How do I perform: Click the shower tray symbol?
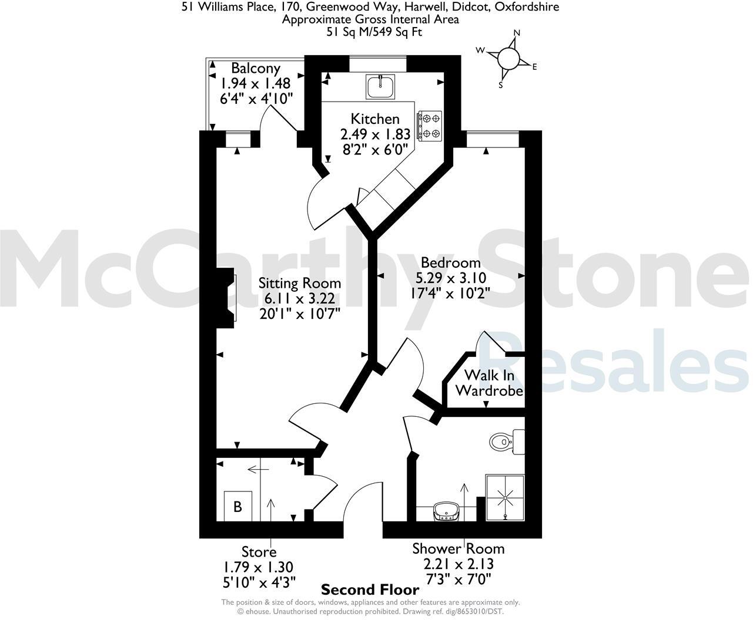click(x=504, y=498)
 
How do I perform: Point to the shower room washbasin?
click(x=446, y=512)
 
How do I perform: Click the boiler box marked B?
click(x=238, y=506)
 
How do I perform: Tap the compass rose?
click(x=508, y=59)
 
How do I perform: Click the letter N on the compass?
click(x=517, y=33)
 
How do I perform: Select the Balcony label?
click(x=256, y=68)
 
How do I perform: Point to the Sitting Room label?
click(x=300, y=284)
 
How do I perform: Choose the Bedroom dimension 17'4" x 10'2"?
click(x=451, y=292)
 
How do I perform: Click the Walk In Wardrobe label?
click(x=489, y=383)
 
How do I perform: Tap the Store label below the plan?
click(x=259, y=552)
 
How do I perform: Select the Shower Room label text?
click(x=458, y=549)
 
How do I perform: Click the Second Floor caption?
click(x=370, y=589)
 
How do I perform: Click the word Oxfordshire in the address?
click(x=527, y=7)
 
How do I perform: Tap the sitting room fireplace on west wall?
click(x=226, y=298)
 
